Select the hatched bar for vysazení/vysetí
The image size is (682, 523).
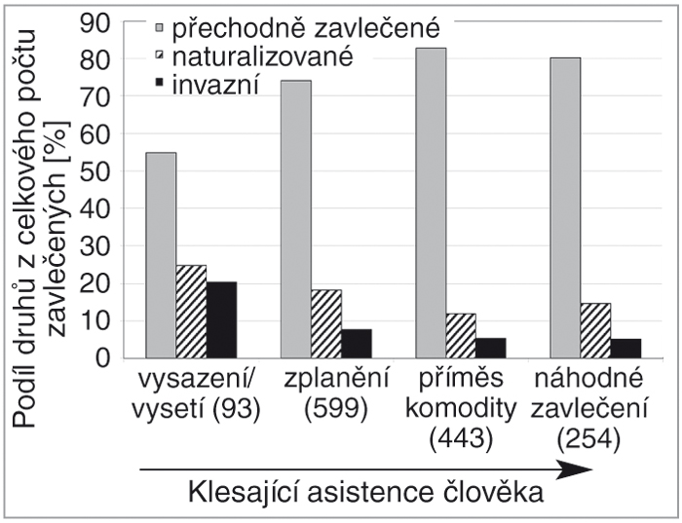tap(191, 311)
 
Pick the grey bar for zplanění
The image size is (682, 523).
tap(296, 219)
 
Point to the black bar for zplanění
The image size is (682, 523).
tap(356, 343)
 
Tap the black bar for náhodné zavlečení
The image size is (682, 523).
tap(625, 348)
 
